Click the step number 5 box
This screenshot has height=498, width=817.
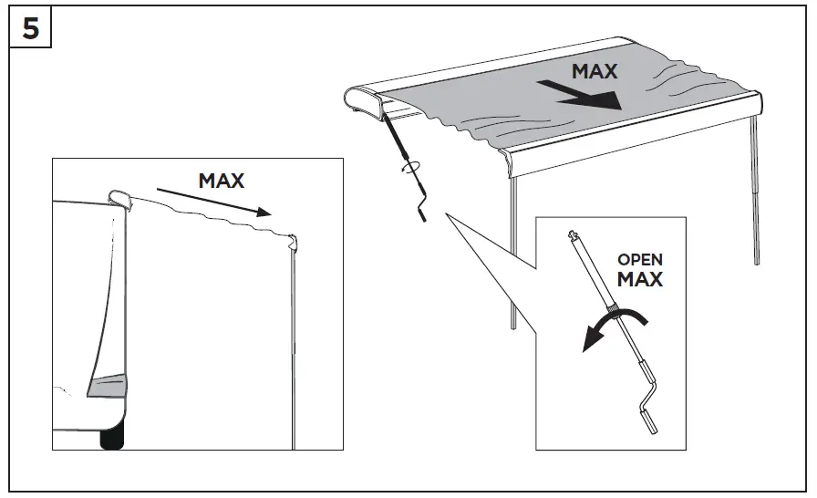[31, 28]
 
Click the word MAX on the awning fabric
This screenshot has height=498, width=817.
[594, 71]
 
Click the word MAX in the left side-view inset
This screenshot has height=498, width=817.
[221, 181]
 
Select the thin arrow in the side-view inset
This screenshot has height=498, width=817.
[213, 202]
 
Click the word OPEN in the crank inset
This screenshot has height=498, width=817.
[640, 261]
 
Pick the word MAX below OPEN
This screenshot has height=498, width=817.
[640, 279]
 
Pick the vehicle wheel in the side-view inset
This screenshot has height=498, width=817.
[111, 440]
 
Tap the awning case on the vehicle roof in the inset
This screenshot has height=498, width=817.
[119, 199]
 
